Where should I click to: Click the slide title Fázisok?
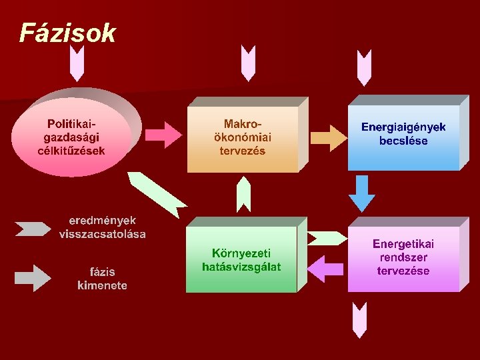[67, 33]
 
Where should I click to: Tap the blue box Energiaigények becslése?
[403, 134]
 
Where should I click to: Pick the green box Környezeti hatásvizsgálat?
[241, 260]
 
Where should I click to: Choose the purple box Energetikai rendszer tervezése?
[403, 258]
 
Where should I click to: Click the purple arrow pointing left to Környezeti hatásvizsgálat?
[327, 267]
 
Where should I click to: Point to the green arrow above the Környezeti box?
[244, 194]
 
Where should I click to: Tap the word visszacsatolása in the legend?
[102, 234]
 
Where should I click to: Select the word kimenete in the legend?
[102, 285]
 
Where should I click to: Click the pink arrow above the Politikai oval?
[77, 65]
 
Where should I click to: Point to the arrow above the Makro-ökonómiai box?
[248, 64]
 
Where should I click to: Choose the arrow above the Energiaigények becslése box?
[363, 67]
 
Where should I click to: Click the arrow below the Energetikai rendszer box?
[360, 319]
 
